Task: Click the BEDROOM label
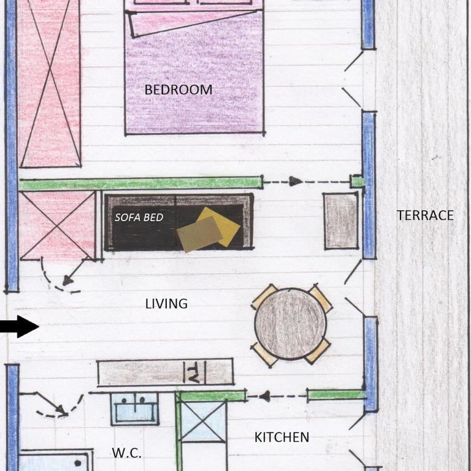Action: [x=178, y=90]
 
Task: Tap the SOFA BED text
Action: [x=139, y=217]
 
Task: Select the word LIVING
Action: [x=166, y=304]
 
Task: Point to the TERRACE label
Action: [x=425, y=215]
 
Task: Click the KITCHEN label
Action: [x=281, y=437]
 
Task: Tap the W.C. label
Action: [x=126, y=453]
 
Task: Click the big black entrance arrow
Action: [x=20, y=326]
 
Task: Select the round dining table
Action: [x=291, y=324]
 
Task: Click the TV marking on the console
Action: [x=194, y=372]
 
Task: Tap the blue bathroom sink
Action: [x=135, y=409]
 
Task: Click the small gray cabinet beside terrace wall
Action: [x=342, y=221]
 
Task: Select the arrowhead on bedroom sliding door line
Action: [x=295, y=181]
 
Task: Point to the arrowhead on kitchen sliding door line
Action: [x=265, y=396]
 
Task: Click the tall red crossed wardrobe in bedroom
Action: [x=50, y=83]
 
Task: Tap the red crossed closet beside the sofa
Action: [x=57, y=226]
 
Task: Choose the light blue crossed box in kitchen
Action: [x=204, y=422]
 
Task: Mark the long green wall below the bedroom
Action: [x=140, y=183]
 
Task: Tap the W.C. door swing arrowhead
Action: [x=61, y=410]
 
